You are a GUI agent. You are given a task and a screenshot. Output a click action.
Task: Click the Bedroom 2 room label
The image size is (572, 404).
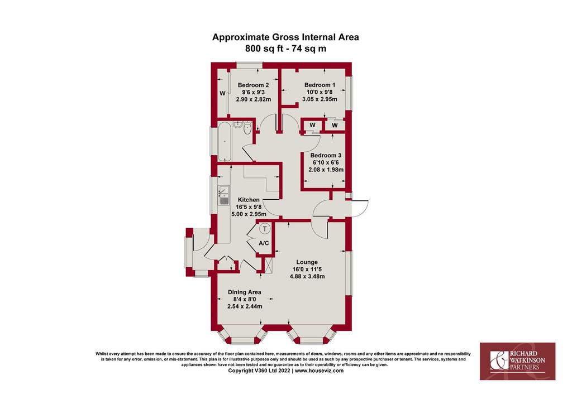pos(253,85)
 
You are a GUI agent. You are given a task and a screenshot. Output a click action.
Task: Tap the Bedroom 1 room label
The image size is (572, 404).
pos(320,85)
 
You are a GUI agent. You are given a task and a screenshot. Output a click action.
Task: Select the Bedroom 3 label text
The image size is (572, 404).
pos(326,156)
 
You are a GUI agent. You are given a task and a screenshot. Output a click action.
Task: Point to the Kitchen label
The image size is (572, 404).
pos(249,200)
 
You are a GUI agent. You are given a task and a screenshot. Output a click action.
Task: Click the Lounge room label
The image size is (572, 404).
pos(307,262)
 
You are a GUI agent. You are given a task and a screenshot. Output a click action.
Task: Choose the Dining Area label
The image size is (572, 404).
pos(245,292)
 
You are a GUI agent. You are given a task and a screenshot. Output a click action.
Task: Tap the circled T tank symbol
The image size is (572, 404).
pos(265,229)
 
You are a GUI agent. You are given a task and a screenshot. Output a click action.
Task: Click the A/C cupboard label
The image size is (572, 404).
pos(264,243)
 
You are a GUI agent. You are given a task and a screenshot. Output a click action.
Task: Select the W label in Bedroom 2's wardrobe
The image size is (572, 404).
pos(222,93)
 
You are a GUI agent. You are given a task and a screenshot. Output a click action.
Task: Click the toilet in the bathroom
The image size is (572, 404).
pos(247,128)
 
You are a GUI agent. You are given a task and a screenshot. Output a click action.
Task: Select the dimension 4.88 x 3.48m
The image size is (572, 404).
pos(307,277)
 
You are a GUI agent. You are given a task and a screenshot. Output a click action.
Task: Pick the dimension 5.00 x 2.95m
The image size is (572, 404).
pos(249,214)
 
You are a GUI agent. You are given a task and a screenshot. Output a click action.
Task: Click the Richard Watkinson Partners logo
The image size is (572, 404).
pos(517,361)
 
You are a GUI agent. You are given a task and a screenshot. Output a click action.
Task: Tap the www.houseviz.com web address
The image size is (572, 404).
pos(319,371)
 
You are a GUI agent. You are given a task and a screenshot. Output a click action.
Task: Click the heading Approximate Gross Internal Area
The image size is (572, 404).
pos(285,37)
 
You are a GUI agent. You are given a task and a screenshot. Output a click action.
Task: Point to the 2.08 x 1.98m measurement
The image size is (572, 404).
pos(326,170)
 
